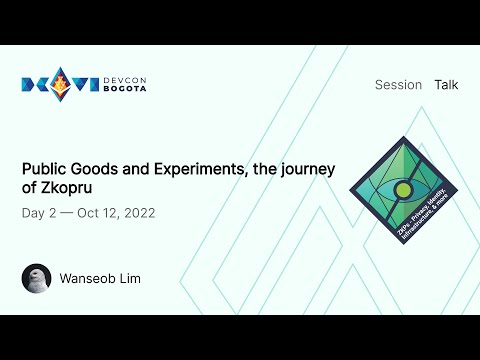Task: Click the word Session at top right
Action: point(398,85)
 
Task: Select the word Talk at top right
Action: point(446,85)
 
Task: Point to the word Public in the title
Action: point(44,169)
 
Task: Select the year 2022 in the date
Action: point(138,214)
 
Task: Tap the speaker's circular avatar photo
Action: point(36,278)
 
